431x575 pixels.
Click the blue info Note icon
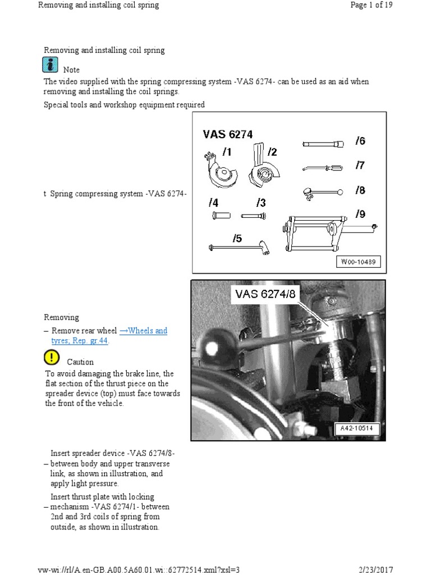pos(50,65)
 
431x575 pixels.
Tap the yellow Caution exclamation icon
pos(51,357)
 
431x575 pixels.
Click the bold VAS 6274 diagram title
pos(228,134)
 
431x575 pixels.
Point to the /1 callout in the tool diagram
pos(227,152)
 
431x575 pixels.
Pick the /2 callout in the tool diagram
pos(272,152)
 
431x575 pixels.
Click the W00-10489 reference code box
pos(359,262)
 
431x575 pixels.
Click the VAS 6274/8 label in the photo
pos(268,294)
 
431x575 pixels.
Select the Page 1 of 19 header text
pos(372,5)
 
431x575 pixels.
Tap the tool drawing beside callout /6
pos(323,144)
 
